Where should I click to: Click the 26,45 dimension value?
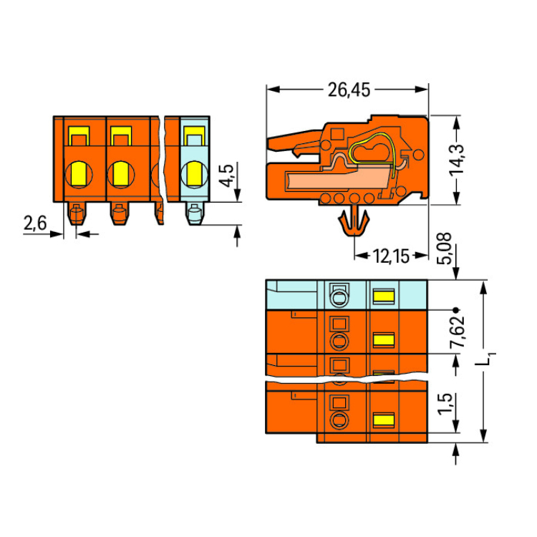(x=349, y=90)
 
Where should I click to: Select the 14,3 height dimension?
(x=457, y=160)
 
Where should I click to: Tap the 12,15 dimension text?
(x=391, y=256)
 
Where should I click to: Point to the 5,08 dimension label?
(x=445, y=248)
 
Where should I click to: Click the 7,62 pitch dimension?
(x=457, y=331)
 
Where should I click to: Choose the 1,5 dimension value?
(x=445, y=404)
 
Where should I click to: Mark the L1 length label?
(x=486, y=361)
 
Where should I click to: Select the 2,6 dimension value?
(x=35, y=223)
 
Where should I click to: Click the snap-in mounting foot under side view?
(x=354, y=221)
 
